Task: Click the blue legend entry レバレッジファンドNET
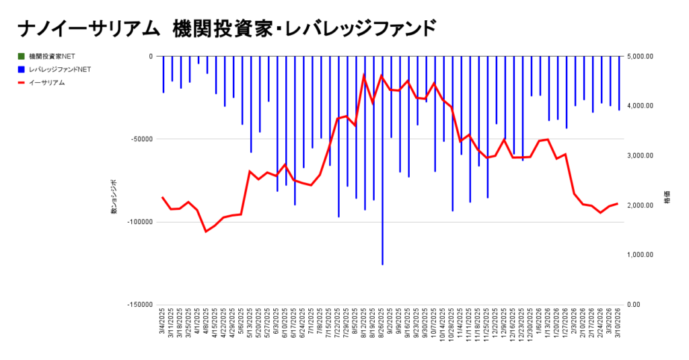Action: (x=59, y=69)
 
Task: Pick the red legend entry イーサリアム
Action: (x=46, y=82)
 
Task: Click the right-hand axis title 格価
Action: (x=667, y=201)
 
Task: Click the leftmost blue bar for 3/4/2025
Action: (x=164, y=75)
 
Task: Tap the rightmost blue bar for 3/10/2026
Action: (x=619, y=83)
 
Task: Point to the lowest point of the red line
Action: (x=207, y=231)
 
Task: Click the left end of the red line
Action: (x=163, y=197)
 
